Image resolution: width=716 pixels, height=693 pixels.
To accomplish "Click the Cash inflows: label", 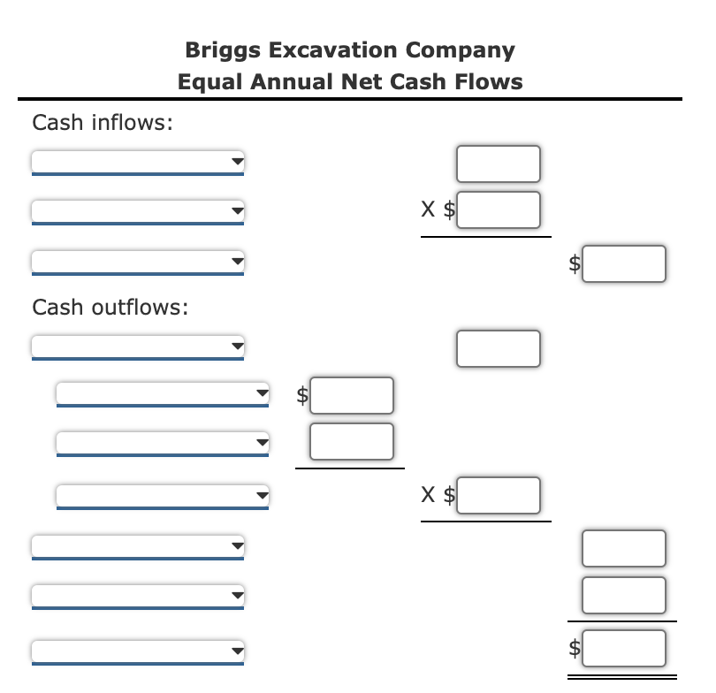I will click(102, 123).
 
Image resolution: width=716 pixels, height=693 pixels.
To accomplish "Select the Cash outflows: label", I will click(110, 308).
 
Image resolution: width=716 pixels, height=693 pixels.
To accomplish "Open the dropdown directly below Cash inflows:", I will click(137, 163).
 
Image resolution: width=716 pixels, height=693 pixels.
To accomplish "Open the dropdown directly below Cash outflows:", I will click(137, 347).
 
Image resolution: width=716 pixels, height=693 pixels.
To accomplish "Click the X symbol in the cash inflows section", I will click(428, 210).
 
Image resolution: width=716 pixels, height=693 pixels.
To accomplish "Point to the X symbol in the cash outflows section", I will click(428, 496).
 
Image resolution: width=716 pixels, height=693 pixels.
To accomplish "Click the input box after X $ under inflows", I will click(499, 210).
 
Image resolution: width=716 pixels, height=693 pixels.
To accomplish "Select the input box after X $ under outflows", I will click(499, 495).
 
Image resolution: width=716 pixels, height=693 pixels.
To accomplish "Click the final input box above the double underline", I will click(623, 648).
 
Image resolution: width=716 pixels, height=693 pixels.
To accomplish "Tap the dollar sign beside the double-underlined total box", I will click(575, 649).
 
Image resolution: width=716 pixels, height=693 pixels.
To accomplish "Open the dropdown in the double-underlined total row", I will click(137, 651).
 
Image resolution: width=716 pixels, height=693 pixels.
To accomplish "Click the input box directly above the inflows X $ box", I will click(499, 163).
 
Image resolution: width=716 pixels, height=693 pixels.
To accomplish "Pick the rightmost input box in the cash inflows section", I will click(623, 263).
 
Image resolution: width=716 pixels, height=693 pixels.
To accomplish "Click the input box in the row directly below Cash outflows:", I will click(499, 348).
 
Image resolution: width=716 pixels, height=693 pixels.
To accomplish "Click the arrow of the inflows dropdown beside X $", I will click(236, 211).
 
